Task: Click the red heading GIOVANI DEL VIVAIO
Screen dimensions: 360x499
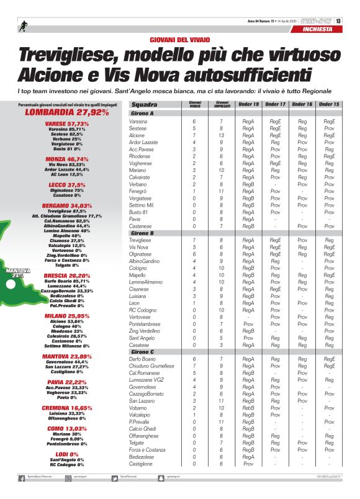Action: click(x=179, y=39)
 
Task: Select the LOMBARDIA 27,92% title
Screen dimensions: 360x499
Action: click(x=66, y=113)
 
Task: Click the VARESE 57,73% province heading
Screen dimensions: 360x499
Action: click(x=66, y=124)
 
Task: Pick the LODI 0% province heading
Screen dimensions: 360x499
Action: click(x=66, y=455)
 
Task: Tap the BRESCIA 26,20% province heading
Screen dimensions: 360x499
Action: click(x=66, y=275)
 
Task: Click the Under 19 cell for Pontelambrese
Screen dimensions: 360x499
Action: click(x=248, y=324)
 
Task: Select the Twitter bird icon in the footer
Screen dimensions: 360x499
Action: click(x=115, y=478)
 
